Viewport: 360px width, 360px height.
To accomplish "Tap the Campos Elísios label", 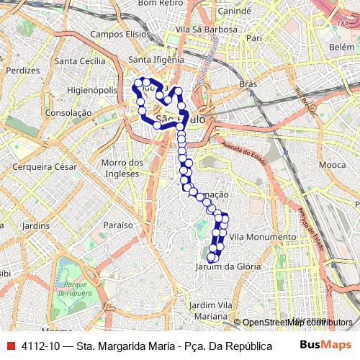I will (x=118, y=34).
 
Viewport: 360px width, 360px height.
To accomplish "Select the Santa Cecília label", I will (x=85, y=60).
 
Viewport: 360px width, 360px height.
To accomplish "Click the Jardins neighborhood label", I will (x=35, y=225).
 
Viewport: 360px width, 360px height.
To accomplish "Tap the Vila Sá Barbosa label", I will (x=191, y=30).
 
